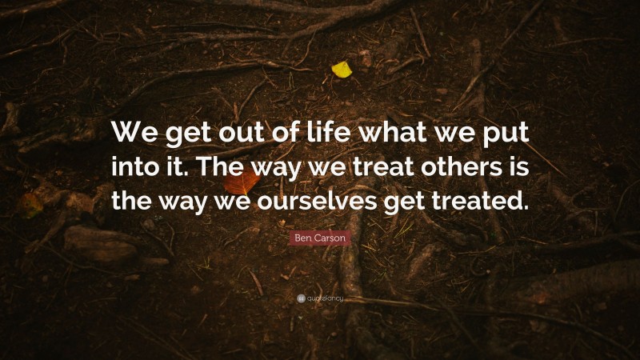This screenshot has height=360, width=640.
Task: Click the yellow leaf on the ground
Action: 342,70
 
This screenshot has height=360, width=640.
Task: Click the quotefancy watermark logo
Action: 320,299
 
